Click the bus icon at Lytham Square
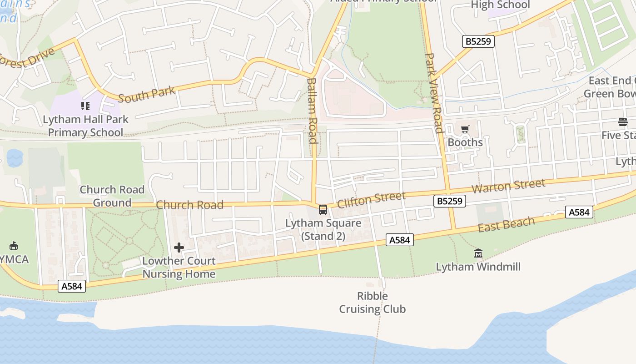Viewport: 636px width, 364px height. (323, 210)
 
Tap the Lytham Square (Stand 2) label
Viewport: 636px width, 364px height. (323, 230)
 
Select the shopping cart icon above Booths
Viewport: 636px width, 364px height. (465, 130)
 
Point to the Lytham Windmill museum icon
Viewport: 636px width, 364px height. (478, 253)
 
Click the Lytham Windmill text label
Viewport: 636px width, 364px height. (478, 267)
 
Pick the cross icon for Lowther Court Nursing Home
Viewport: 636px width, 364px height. (179, 248)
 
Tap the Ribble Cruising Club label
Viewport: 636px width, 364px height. (373, 303)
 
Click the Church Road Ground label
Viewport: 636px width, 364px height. (112, 196)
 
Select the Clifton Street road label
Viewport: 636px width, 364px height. (371, 199)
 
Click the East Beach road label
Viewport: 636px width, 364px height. (506, 224)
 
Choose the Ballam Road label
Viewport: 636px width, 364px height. (312, 111)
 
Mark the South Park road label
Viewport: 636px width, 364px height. (146, 94)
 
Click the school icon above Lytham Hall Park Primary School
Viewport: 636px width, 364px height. (85, 106)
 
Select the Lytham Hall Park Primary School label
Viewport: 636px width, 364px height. (85, 126)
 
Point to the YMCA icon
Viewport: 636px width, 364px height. (13, 246)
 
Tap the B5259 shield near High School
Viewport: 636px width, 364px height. (478, 41)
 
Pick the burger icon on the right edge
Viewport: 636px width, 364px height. (622, 121)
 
